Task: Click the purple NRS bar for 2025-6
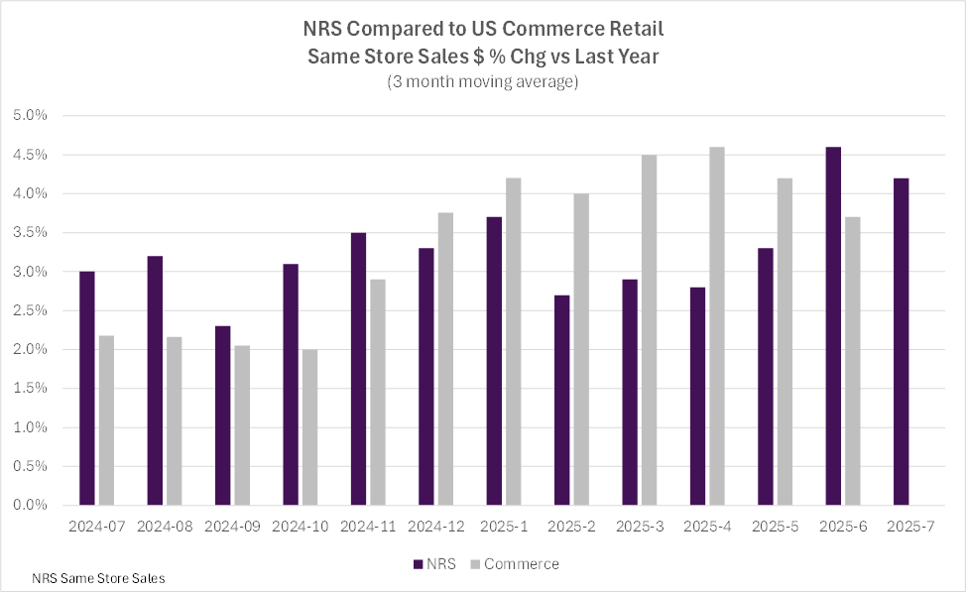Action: point(833,326)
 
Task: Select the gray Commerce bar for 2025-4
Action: point(717,326)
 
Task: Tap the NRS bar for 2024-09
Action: point(222,415)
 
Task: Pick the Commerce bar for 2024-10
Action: point(310,427)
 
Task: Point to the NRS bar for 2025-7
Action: point(901,341)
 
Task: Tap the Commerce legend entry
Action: point(517,564)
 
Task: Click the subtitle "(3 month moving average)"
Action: point(482,82)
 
